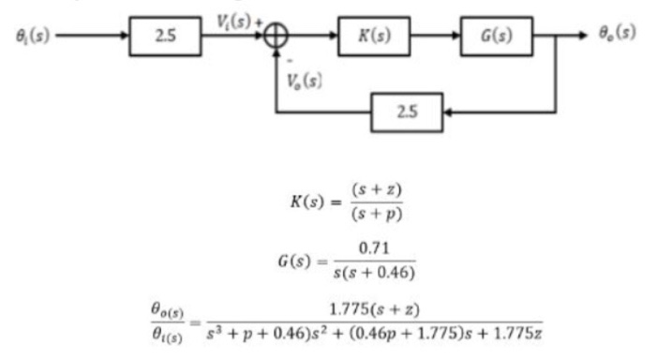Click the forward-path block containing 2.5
(164, 37)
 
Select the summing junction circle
(276, 37)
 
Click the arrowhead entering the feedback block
(451, 112)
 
